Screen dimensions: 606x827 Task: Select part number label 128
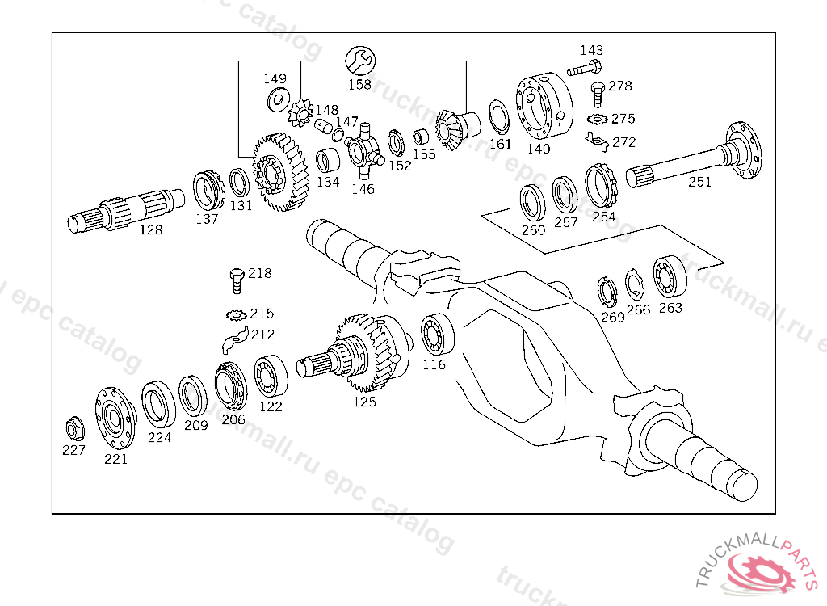click(x=151, y=230)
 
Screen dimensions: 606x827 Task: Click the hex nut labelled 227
click(x=73, y=427)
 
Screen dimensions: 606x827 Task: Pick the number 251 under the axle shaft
click(x=699, y=183)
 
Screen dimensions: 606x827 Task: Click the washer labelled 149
click(x=278, y=99)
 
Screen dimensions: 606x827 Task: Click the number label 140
click(x=539, y=149)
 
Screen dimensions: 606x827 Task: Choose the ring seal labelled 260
click(x=531, y=202)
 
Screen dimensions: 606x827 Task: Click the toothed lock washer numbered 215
click(x=237, y=314)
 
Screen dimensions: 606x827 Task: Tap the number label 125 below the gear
click(x=364, y=402)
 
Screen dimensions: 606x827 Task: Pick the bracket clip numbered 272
click(x=597, y=142)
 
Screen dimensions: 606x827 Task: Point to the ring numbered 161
click(x=497, y=117)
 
